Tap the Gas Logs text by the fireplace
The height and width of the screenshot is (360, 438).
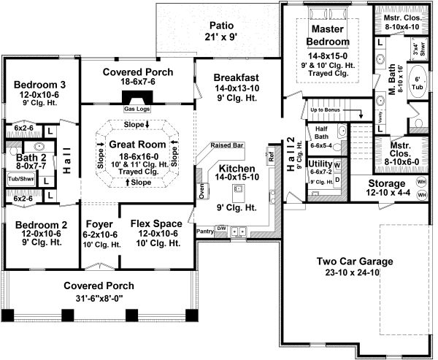[137, 109]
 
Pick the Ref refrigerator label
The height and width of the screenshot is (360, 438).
[270, 156]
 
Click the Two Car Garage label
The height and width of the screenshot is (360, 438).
[355, 261]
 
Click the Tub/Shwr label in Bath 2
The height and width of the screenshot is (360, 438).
[15, 177]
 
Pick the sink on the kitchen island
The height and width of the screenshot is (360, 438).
[237, 189]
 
